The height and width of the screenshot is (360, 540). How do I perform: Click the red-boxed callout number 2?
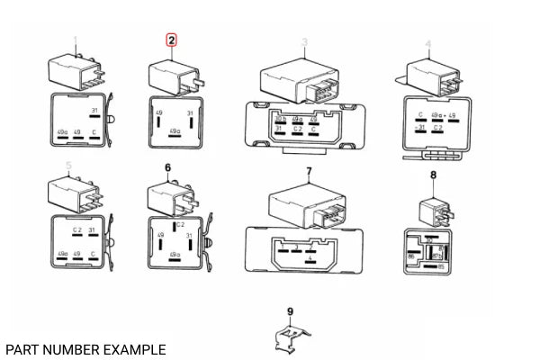(x=171, y=40)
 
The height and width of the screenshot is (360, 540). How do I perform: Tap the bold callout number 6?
(x=167, y=168)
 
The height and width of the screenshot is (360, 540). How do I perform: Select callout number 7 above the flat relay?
(x=308, y=171)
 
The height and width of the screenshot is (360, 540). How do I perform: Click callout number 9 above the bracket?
(x=290, y=312)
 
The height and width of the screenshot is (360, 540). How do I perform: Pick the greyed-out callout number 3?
(x=304, y=42)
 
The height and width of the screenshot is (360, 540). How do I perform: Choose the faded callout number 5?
(x=69, y=166)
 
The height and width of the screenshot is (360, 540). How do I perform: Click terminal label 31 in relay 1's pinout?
(x=94, y=112)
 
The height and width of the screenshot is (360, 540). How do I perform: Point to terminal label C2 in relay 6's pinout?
(x=180, y=224)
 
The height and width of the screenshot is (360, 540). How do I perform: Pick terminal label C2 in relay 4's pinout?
(x=437, y=129)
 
